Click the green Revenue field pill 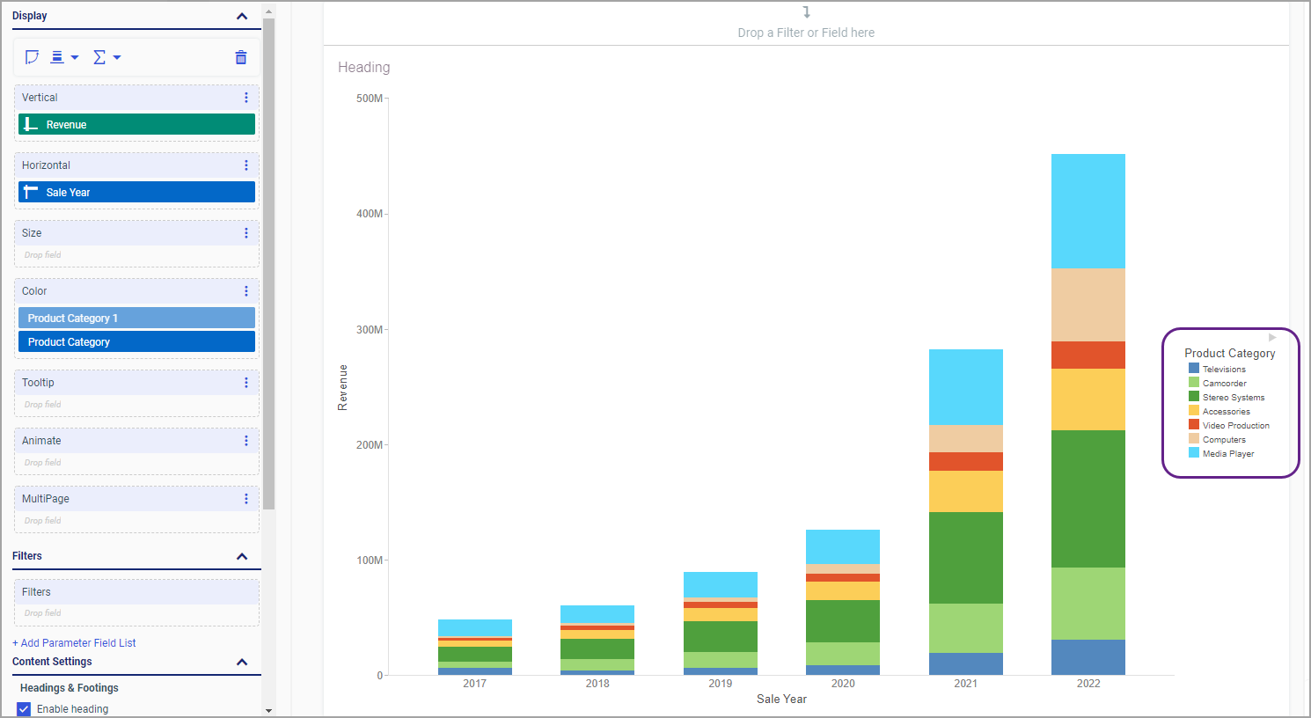[136, 125]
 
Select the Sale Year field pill [136, 193]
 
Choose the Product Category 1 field [136, 319]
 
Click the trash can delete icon [241, 58]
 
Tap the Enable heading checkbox [24, 709]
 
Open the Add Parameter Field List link [74, 643]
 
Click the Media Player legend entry [1227, 454]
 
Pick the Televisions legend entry [1223, 370]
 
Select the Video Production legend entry [1234, 426]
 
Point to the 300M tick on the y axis [370, 330]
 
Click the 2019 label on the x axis [720, 684]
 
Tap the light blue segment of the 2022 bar [1088, 211]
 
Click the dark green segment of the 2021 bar [965, 558]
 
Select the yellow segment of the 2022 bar [1088, 399]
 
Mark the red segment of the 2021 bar [965, 462]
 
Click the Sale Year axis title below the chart [781, 700]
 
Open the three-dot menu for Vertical [246, 98]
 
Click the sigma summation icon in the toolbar [99, 58]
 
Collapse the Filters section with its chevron [242, 556]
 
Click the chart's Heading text [363, 68]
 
